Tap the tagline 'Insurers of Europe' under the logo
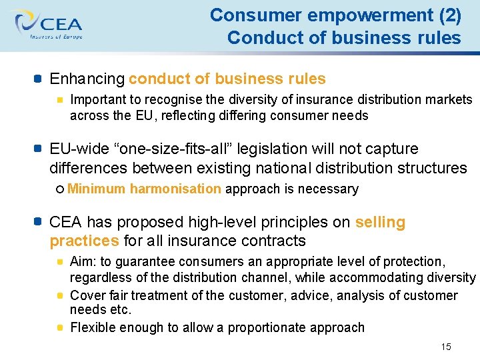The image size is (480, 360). point(56,37)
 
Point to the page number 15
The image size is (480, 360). point(446,347)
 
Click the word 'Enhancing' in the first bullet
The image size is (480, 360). point(87,79)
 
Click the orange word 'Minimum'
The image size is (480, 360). point(96,189)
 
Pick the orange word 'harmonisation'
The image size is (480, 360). point(175,189)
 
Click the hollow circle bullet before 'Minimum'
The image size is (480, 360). point(60,189)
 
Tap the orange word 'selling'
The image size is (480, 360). point(380,222)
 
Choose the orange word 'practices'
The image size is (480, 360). point(85,240)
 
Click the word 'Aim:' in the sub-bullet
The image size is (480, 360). point(83,262)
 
